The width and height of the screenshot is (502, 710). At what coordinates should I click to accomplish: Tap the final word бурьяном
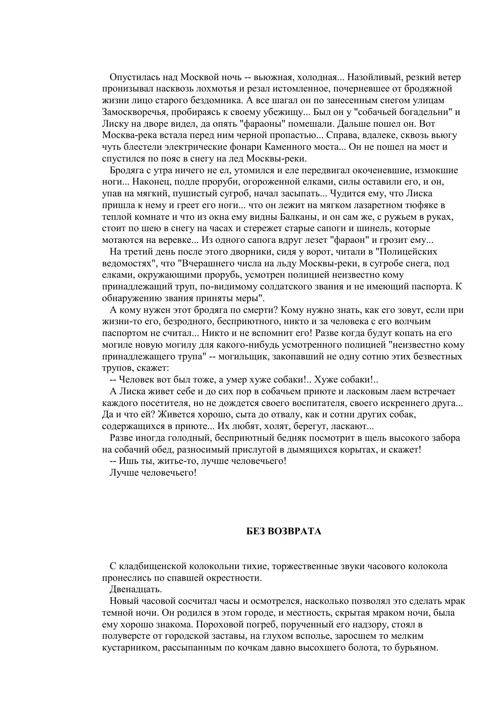click(x=419, y=648)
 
